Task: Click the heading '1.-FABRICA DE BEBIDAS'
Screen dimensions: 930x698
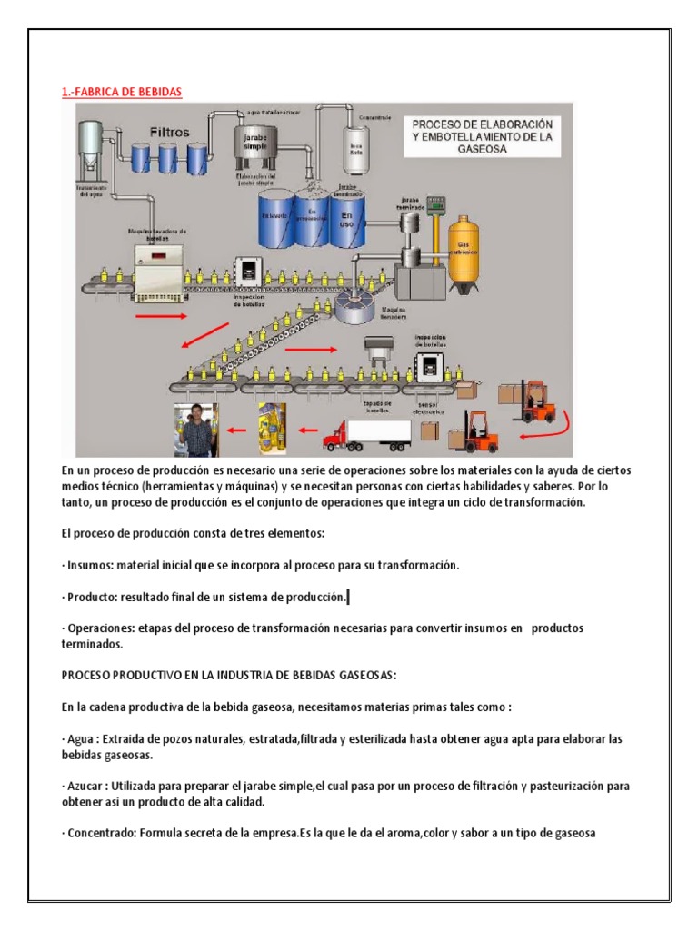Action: coord(121,93)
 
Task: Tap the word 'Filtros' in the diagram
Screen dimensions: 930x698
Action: coord(170,132)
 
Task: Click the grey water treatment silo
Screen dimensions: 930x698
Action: coord(92,150)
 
